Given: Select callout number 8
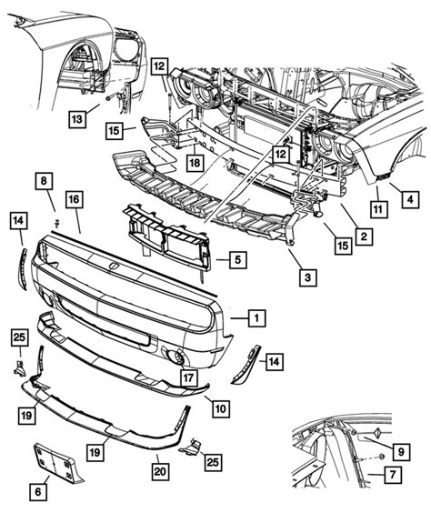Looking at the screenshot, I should tap(45, 182).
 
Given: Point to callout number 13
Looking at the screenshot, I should tap(79, 118).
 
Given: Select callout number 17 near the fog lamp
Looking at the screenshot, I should tap(187, 377).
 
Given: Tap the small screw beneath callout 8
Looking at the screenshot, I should tap(56, 221).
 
